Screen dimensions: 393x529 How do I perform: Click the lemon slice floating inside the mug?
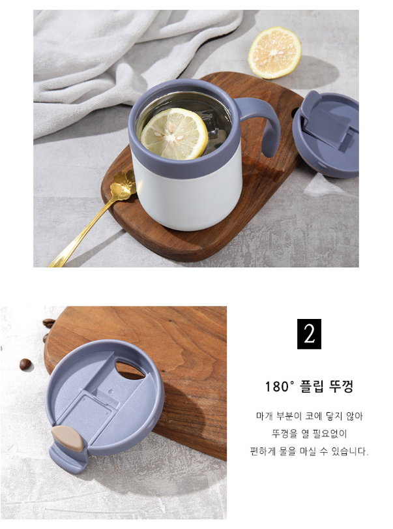pyautogui.click(x=174, y=134)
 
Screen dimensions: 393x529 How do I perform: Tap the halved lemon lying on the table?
pyautogui.click(x=274, y=53)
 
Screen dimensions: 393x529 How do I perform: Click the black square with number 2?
pyautogui.click(x=309, y=334)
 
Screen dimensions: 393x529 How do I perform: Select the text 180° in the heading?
pyautogui.click(x=280, y=387)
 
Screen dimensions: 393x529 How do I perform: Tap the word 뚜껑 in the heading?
pyautogui.click(x=342, y=387)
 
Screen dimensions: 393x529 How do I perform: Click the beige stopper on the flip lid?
pyautogui.click(x=67, y=438)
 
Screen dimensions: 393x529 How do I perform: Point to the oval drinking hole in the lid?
pyautogui.click(x=130, y=369)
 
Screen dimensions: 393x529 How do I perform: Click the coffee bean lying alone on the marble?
pyautogui.click(x=25, y=365)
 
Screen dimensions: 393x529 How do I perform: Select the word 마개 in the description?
pyautogui.click(x=264, y=416)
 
